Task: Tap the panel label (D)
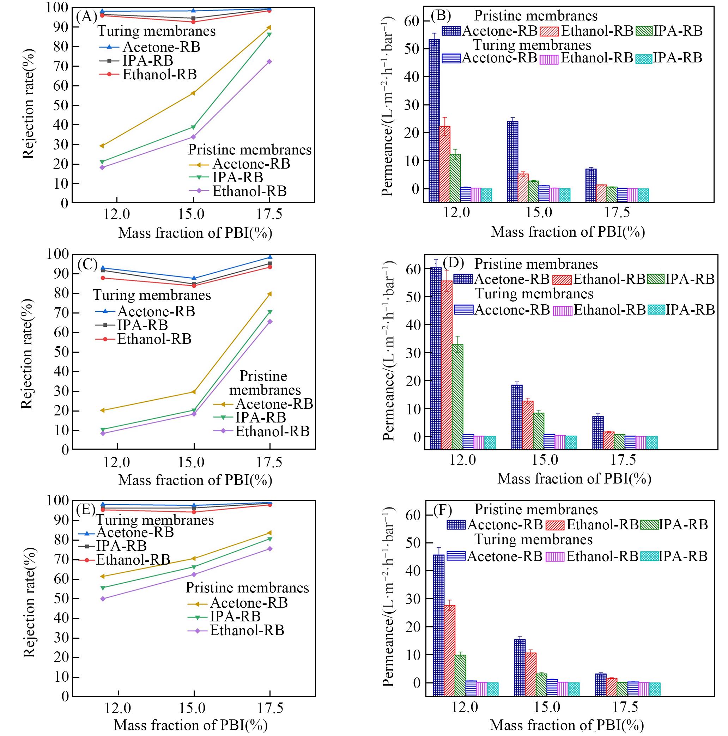[453, 263]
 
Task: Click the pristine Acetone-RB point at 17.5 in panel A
[269, 28]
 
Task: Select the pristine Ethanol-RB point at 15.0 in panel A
[193, 137]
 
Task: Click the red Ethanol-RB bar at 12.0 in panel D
[447, 358]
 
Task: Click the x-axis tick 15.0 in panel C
[191, 462]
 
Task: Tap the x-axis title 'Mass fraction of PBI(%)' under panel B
[568, 232]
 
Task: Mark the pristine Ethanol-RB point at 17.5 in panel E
[270, 549]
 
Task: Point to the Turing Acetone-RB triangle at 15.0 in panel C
[194, 278]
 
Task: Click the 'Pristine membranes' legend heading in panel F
[536, 510]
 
